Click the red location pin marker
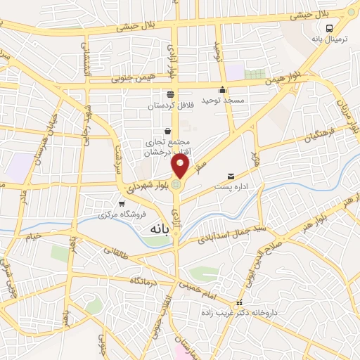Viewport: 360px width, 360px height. tap(181, 167)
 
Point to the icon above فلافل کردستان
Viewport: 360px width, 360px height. tap(169, 94)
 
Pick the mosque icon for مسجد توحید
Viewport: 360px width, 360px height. tap(222, 89)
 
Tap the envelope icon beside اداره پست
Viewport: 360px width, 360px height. tap(231, 176)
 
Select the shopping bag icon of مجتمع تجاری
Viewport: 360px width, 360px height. tap(167, 131)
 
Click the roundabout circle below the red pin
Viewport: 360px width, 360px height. tap(176, 185)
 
